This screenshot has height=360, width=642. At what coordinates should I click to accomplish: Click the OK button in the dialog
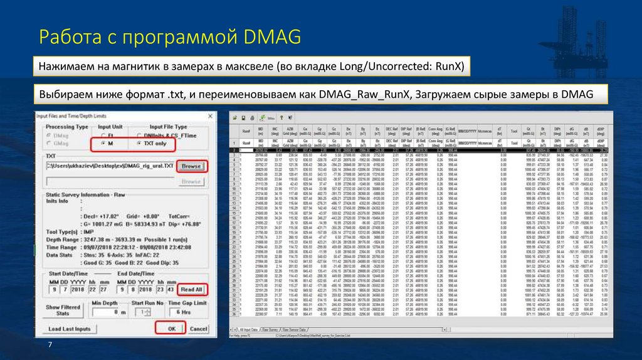click(x=171, y=329)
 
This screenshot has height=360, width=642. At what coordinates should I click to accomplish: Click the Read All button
click(x=191, y=290)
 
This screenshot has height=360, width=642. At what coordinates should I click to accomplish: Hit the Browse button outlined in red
click(x=191, y=166)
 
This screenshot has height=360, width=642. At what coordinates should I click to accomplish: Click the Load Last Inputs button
click(x=70, y=329)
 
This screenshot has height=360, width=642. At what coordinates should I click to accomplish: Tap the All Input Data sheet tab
click(x=254, y=329)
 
